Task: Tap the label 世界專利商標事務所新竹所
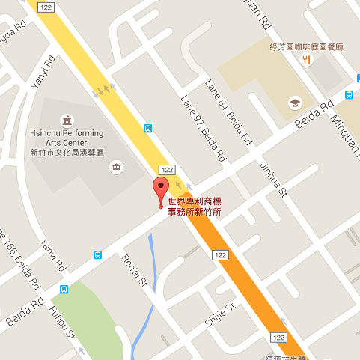click(x=194, y=206)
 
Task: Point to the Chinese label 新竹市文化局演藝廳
click(x=67, y=152)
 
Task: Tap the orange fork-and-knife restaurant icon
click(x=306, y=63)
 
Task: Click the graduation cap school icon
click(x=296, y=102)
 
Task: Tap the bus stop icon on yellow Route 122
click(x=148, y=128)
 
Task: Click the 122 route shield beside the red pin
click(x=166, y=169)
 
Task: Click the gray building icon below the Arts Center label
click(x=117, y=164)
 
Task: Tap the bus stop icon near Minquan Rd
click(x=350, y=94)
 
